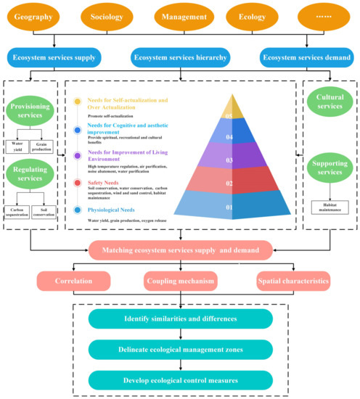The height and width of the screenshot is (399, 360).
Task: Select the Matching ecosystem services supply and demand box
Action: click(180, 250)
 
